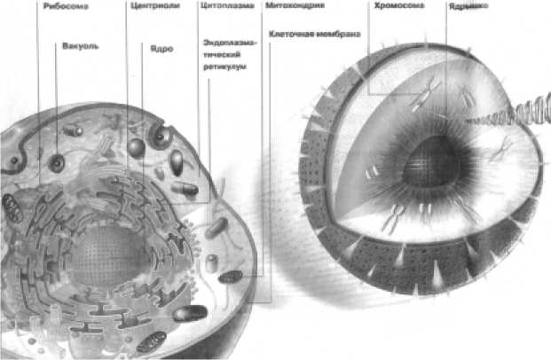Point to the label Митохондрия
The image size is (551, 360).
click(295, 5)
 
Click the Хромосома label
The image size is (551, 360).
click(395, 5)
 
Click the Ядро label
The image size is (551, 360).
click(161, 50)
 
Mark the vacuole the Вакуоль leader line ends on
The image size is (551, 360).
click(58, 163)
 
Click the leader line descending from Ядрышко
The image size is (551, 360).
click(446, 71)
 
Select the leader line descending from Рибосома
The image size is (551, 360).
click(38, 89)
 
